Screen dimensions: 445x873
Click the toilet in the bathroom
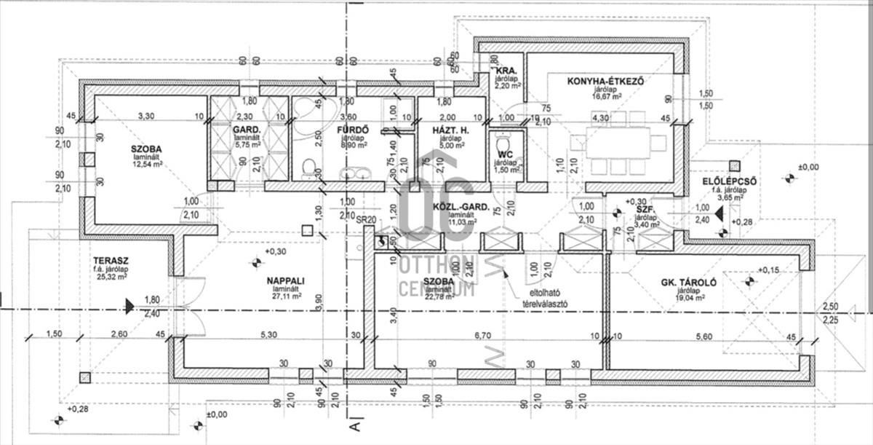point(309,169)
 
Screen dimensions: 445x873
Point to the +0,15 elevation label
point(770,271)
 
